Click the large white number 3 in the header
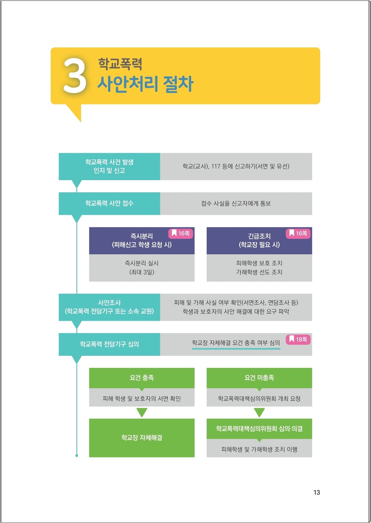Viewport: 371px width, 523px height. click(75, 76)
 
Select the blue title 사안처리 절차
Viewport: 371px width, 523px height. click(145, 84)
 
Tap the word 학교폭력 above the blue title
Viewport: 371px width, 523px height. click(120, 64)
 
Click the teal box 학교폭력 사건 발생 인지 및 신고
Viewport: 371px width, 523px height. click(109, 166)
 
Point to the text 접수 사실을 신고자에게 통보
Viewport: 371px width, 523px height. click(236, 204)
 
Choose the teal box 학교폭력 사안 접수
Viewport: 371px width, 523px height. click(109, 204)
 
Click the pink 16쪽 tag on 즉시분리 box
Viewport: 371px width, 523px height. click(181, 234)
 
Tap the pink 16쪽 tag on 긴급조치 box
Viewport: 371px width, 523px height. click(298, 234)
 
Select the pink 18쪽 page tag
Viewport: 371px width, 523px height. click(298, 339)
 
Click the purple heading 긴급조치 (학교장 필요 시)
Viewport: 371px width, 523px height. click(259, 241)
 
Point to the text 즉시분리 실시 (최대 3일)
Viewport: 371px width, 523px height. click(142, 268)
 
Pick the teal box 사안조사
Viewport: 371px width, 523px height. click(109, 307)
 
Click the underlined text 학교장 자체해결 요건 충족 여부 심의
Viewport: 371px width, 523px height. click(236, 343)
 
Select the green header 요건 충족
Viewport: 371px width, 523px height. click(142, 378)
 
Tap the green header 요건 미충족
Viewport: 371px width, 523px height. click(259, 378)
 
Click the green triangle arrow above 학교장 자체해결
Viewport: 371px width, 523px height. click(142, 412)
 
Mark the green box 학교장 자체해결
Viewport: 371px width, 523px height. click(142, 438)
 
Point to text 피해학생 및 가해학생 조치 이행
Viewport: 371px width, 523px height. click(259, 449)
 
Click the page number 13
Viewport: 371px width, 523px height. click(317, 493)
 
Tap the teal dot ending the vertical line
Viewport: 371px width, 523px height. click(77, 456)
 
